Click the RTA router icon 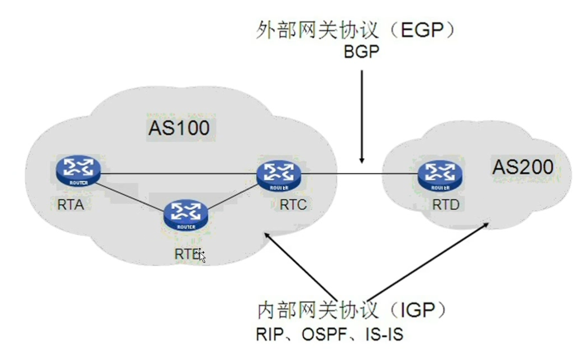[x=79, y=170]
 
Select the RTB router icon [x=185, y=215]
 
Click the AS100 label [x=179, y=129]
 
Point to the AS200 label [x=523, y=166]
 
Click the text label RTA [x=70, y=204]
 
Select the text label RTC [x=294, y=205]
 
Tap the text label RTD [x=446, y=205]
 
